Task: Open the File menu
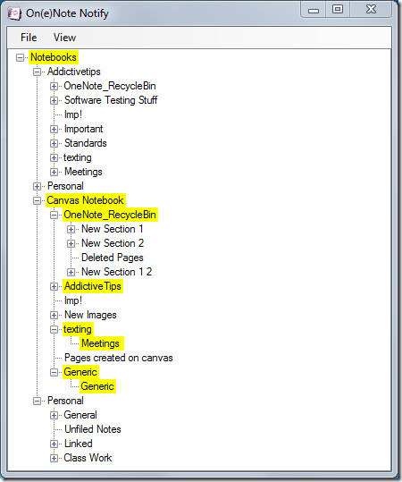(29, 38)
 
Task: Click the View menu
(64, 38)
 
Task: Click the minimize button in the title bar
(314, 10)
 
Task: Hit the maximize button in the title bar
(338, 9)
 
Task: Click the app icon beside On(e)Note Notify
(14, 13)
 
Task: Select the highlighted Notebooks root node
(54, 57)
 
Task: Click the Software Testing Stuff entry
(111, 100)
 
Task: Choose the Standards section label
(86, 143)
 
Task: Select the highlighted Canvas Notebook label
(85, 200)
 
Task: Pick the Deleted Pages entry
(112, 258)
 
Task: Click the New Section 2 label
(113, 243)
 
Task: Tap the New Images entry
(90, 315)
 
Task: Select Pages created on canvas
(119, 358)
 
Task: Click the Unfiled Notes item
(93, 429)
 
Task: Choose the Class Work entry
(88, 458)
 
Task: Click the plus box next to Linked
(54, 444)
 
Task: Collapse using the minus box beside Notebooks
(20, 57)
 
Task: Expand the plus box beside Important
(54, 129)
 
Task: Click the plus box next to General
(54, 415)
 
